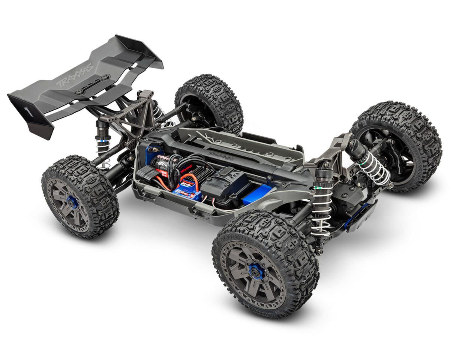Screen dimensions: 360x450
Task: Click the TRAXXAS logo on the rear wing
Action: pos(75,75)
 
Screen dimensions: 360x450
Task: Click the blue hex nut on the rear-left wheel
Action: pos(72,202)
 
